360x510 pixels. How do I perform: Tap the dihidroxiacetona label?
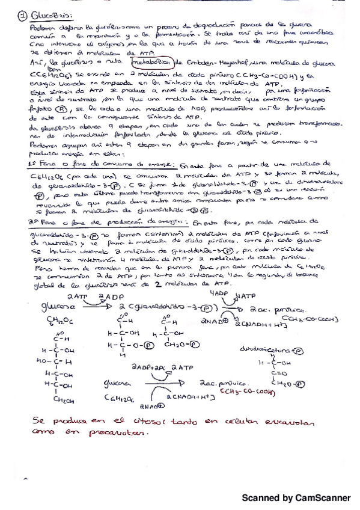pyautogui.click(x=290, y=348)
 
